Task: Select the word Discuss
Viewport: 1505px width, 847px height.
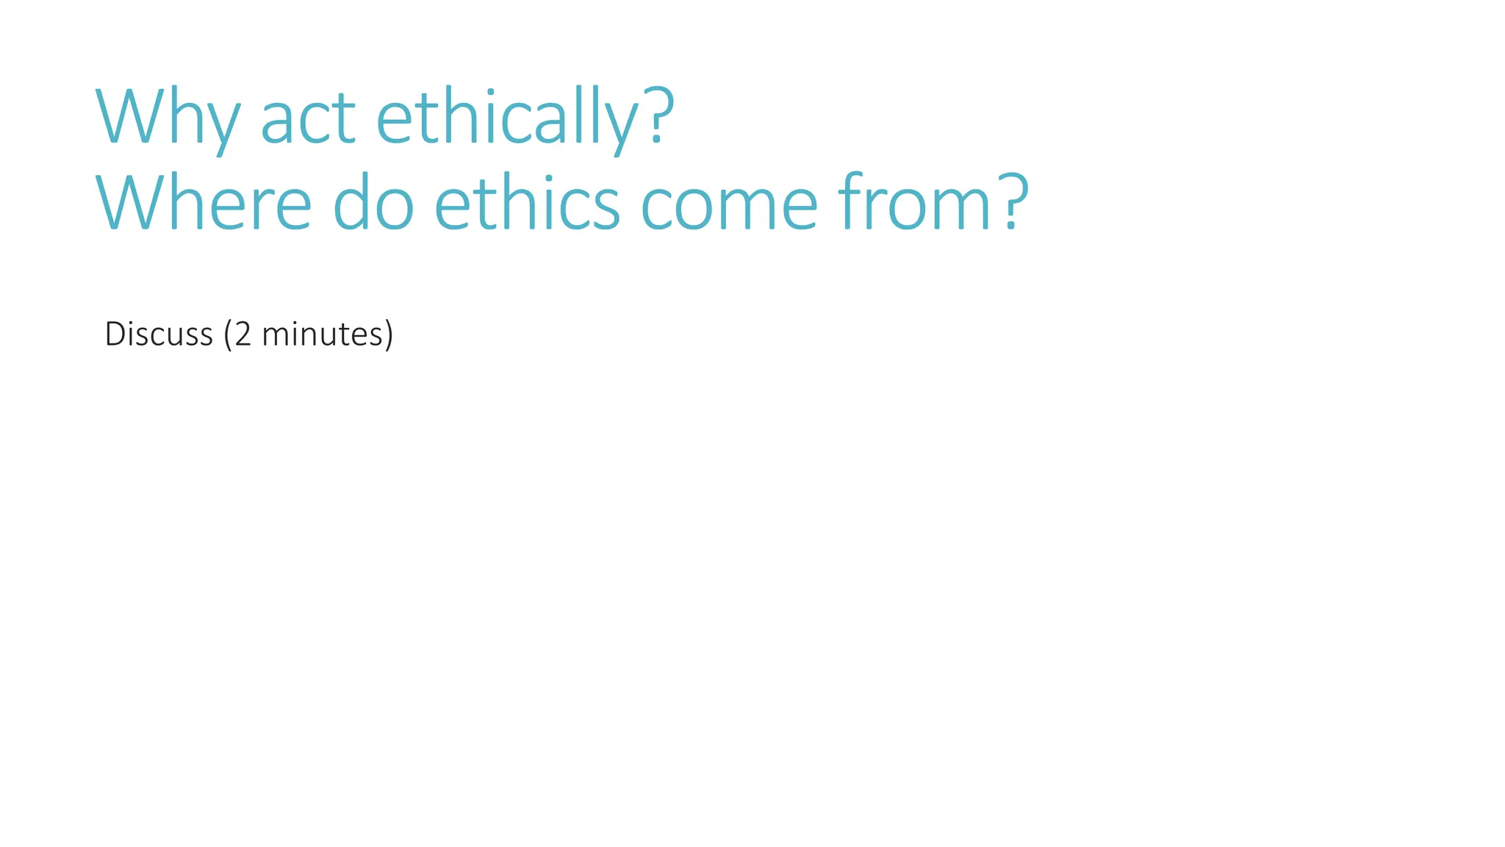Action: (159, 335)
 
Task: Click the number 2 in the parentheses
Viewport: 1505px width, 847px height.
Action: (243, 335)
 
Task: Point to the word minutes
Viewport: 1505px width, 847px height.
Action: (322, 335)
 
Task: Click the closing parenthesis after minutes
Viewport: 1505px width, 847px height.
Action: (389, 335)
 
